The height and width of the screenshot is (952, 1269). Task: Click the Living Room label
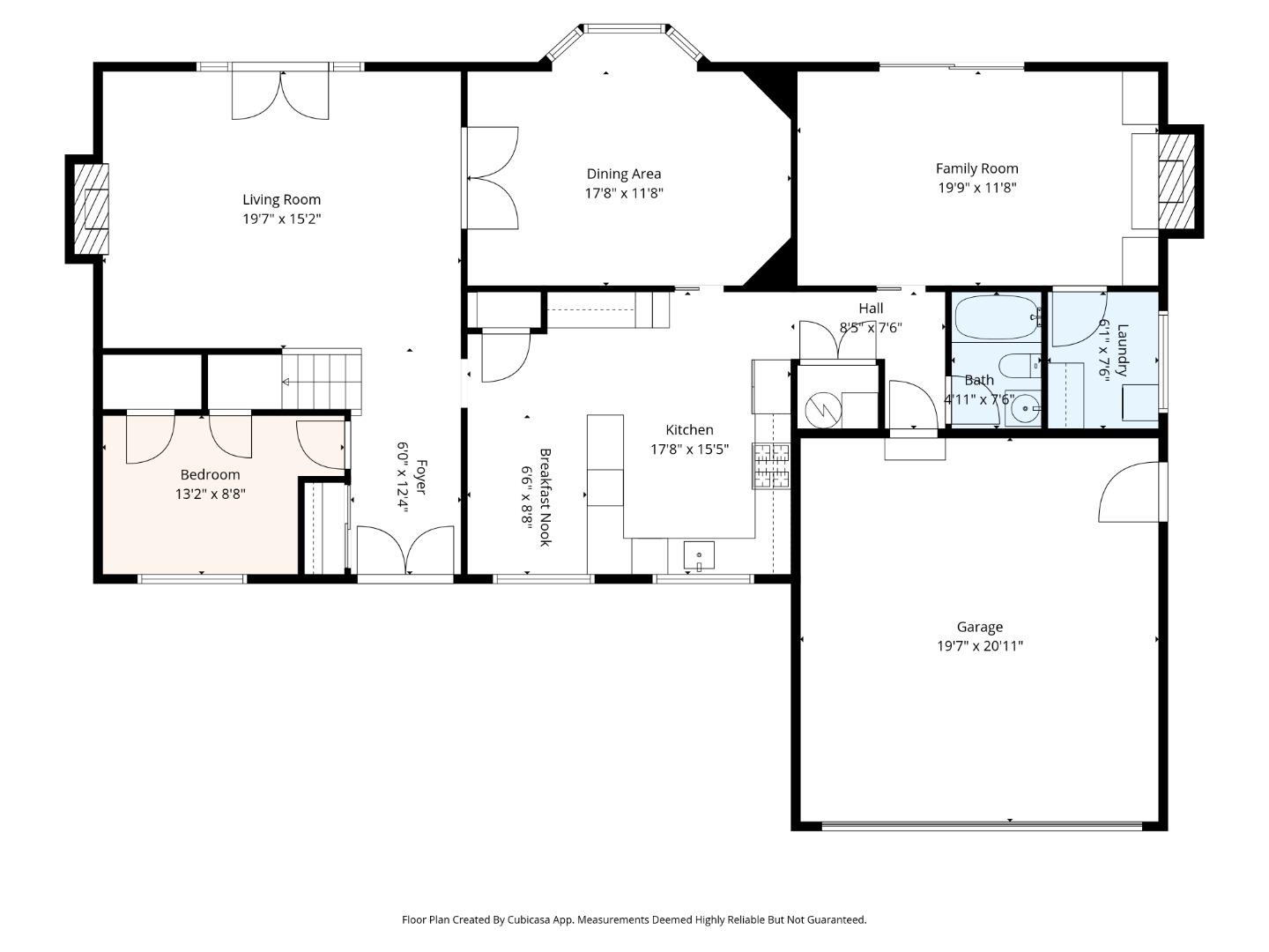pos(281,199)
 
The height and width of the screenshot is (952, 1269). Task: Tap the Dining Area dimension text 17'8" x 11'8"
pos(624,193)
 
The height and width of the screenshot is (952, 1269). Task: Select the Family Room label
pos(977,168)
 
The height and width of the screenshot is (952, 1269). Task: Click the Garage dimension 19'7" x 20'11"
pos(980,645)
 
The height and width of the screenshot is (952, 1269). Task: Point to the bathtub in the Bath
pos(996,317)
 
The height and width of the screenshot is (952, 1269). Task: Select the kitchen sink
pos(698,556)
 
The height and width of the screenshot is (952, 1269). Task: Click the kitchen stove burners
pos(770,466)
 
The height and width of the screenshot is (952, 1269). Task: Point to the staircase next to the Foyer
pos(322,382)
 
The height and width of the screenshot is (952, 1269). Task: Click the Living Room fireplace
pos(92,209)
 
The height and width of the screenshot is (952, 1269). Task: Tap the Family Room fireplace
pos(1176,181)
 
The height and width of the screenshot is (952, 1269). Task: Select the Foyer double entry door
pos(406,549)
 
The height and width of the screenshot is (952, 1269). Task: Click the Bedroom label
pos(210,474)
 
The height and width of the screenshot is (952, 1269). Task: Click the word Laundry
pos(1122,350)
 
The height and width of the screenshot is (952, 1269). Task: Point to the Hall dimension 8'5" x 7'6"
pos(871,328)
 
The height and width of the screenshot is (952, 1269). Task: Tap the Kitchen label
pos(690,429)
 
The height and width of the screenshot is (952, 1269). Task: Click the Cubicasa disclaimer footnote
pos(634,919)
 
